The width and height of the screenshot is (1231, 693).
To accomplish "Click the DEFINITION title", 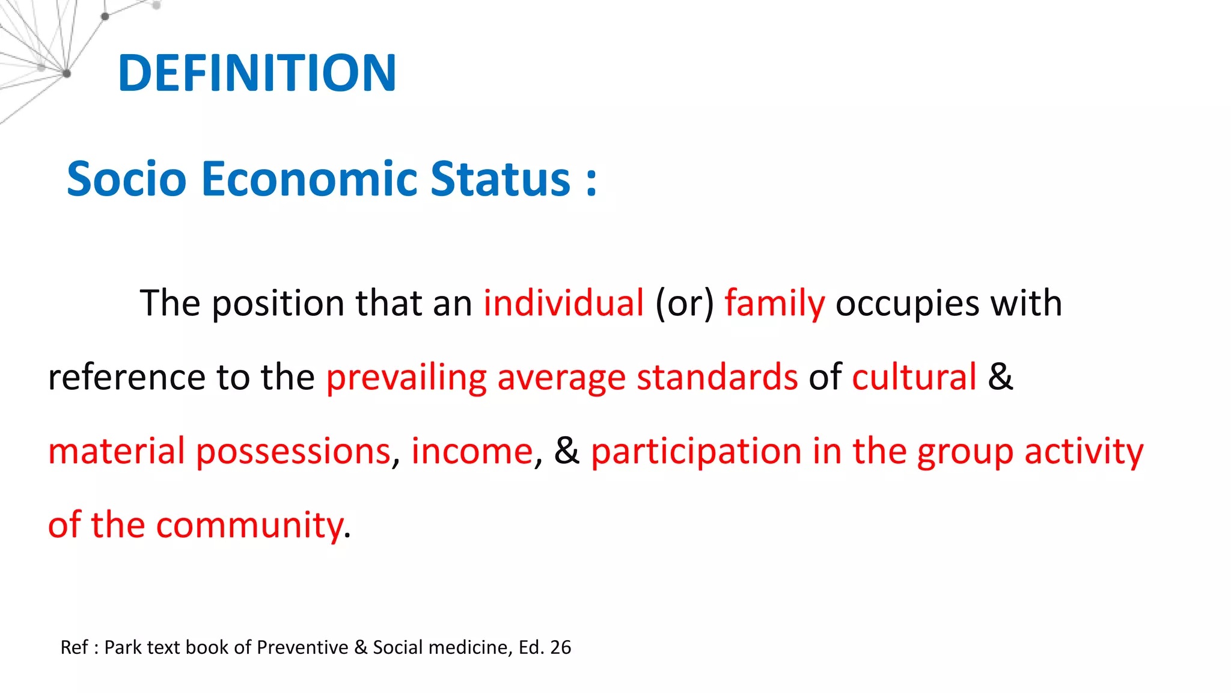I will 257,73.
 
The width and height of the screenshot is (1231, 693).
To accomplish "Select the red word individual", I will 563,303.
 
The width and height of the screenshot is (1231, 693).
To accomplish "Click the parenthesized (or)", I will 684,303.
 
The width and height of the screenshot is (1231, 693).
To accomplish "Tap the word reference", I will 127,378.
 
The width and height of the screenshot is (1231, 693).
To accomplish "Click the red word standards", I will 717,377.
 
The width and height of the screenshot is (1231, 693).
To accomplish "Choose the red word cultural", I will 914,377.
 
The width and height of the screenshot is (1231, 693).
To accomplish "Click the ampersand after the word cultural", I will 1000,377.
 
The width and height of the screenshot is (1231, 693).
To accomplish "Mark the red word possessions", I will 293,452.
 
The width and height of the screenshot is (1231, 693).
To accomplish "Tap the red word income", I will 472,451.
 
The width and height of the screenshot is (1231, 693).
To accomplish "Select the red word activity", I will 1084,452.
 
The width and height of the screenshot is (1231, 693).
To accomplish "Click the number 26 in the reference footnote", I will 560,647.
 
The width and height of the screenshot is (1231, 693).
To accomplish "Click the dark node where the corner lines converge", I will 66,74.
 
